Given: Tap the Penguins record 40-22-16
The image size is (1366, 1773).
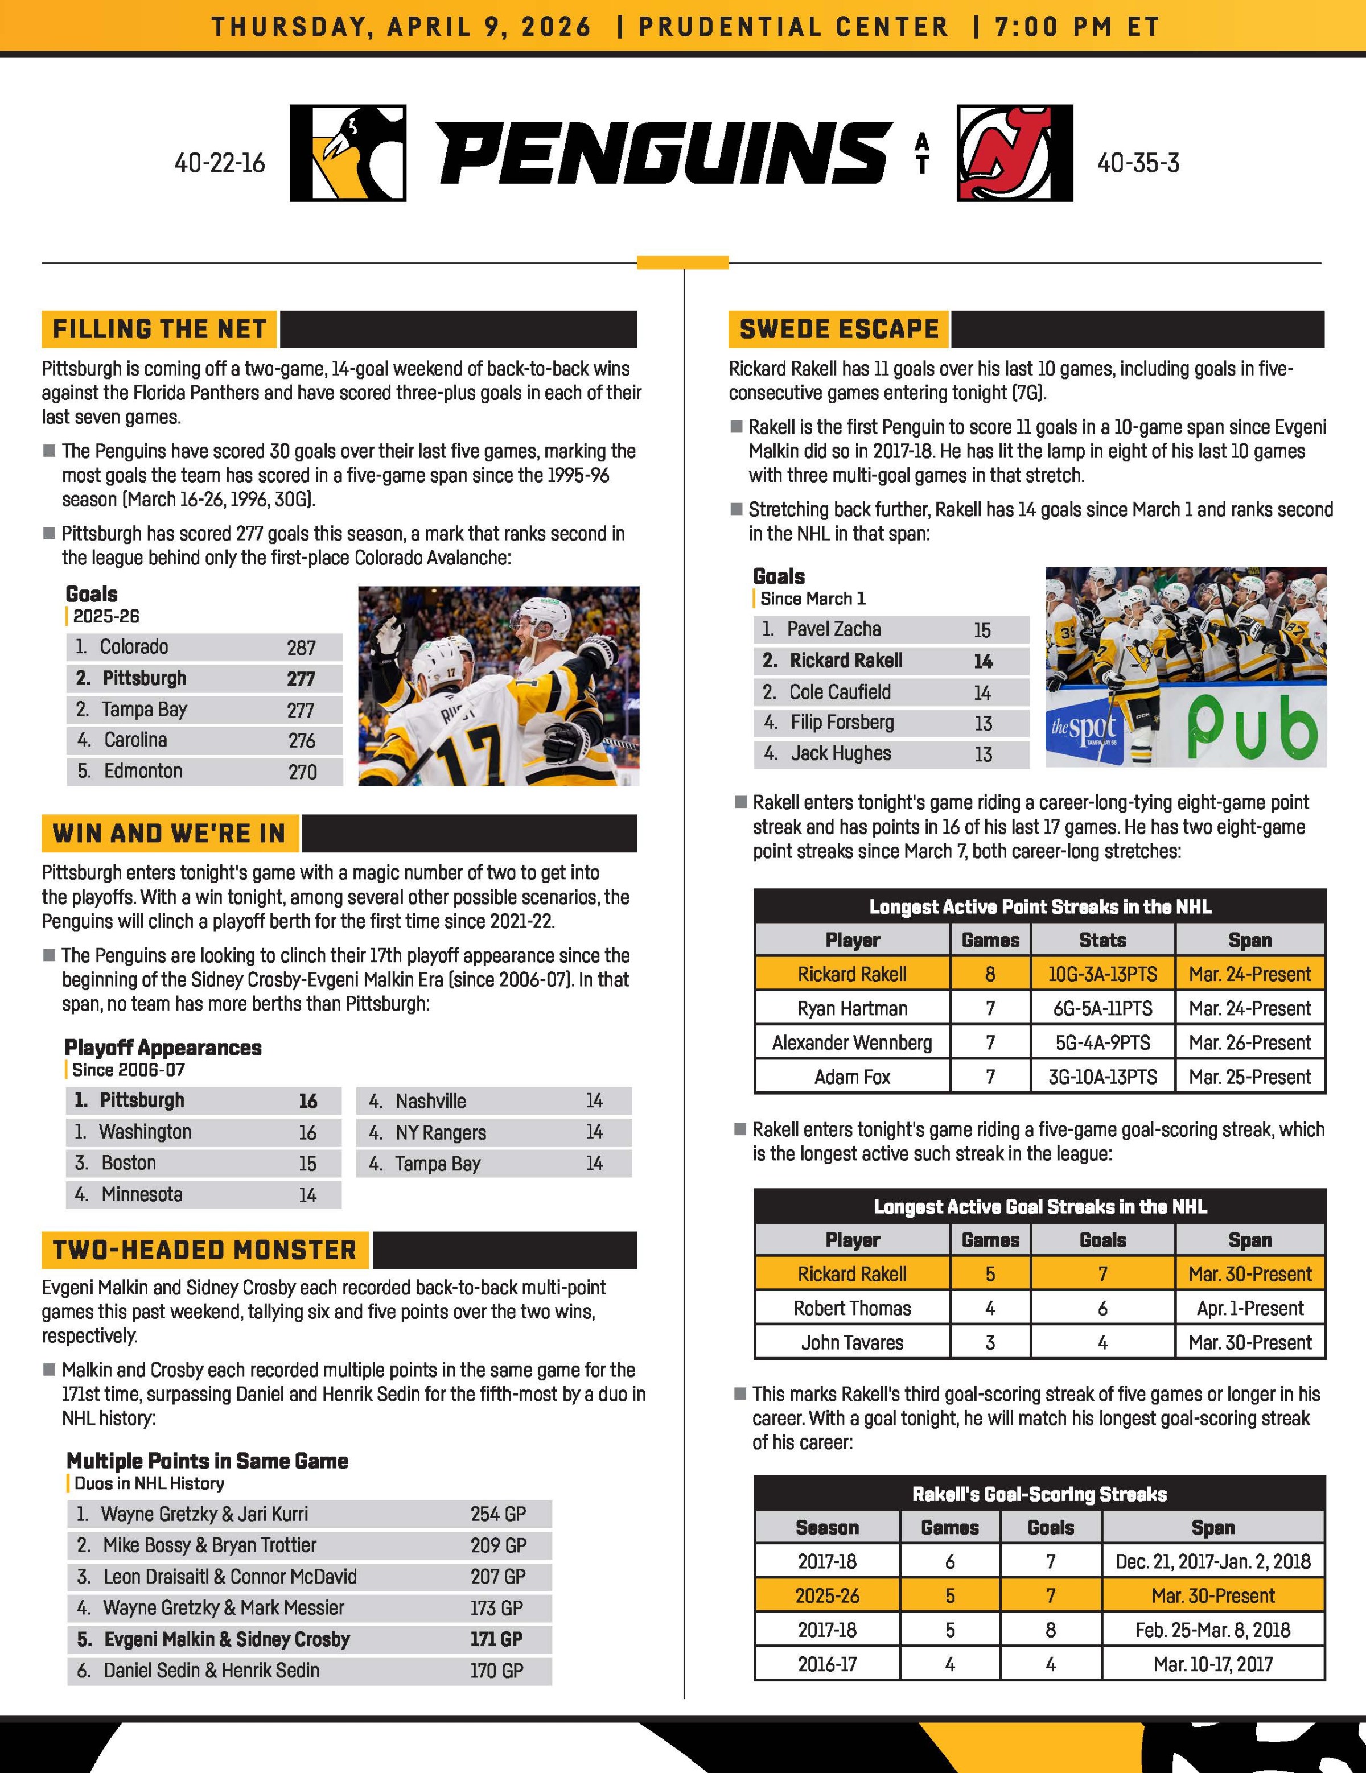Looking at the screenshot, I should pyautogui.click(x=219, y=163).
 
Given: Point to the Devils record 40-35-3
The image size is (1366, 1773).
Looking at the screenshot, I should pyautogui.click(x=1138, y=163).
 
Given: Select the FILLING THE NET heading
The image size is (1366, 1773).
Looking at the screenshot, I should pyautogui.click(x=159, y=329).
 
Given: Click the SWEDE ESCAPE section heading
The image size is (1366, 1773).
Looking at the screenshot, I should pyautogui.click(x=839, y=329).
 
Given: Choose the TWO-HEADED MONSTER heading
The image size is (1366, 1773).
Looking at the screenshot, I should pyautogui.click(x=205, y=1250).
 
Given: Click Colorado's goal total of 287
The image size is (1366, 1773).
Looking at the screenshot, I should pyautogui.click(x=301, y=648).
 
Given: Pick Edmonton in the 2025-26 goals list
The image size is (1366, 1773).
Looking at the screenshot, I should pyautogui.click(x=143, y=771).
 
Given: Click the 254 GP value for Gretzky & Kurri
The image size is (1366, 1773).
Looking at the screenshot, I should pyautogui.click(x=498, y=1514).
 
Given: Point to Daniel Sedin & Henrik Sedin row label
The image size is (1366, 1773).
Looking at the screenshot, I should pyautogui.click(x=211, y=1670).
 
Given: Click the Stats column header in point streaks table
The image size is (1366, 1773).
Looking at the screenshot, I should pyautogui.click(x=1102, y=940).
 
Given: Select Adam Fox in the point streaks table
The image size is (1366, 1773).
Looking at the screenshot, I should pyautogui.click(x=852, y=1077).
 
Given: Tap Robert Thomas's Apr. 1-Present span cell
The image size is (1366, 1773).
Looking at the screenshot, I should pyautogui.click(x=1249, y=1309).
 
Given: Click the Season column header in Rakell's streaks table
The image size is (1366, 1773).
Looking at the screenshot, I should pyautogui.click(x=827, y=1527).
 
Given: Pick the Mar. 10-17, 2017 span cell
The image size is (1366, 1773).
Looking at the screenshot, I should pyautogui.click(x=1212, y=1664).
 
